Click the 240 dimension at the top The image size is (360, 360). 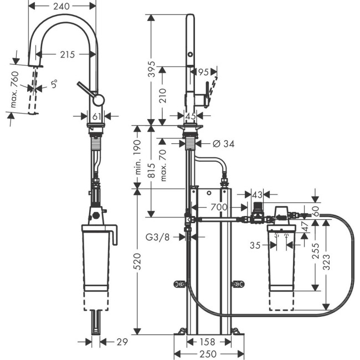tap(63, 7)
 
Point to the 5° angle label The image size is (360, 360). tap(54, 85)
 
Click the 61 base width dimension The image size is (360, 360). tap(96, 116)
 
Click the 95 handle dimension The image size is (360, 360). tap(203, 71)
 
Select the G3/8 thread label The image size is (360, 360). tap(157, 237)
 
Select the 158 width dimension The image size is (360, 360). tap(208, 341)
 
